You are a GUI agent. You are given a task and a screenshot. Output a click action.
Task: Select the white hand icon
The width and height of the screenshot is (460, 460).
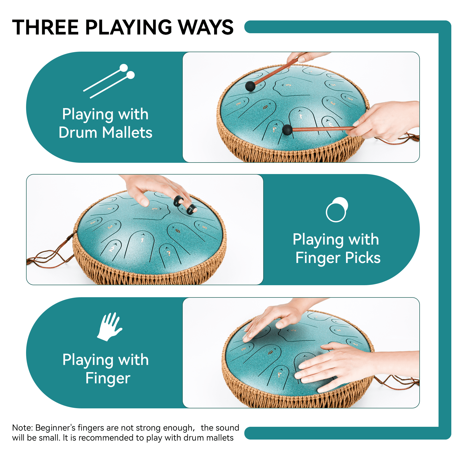[x=110, y=327]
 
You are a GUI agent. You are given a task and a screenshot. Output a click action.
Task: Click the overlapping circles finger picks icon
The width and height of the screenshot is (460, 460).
[x=337, y=210]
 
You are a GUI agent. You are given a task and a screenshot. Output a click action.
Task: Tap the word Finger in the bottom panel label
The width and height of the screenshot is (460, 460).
[x=108, y=378]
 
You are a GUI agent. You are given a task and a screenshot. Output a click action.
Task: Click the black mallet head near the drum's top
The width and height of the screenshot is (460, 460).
[x=250, y=86]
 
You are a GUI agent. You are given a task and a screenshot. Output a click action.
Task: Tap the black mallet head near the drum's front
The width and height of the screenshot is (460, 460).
[x=287, y=130]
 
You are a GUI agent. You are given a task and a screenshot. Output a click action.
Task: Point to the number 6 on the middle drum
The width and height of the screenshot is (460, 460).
[x=178, y=231]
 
